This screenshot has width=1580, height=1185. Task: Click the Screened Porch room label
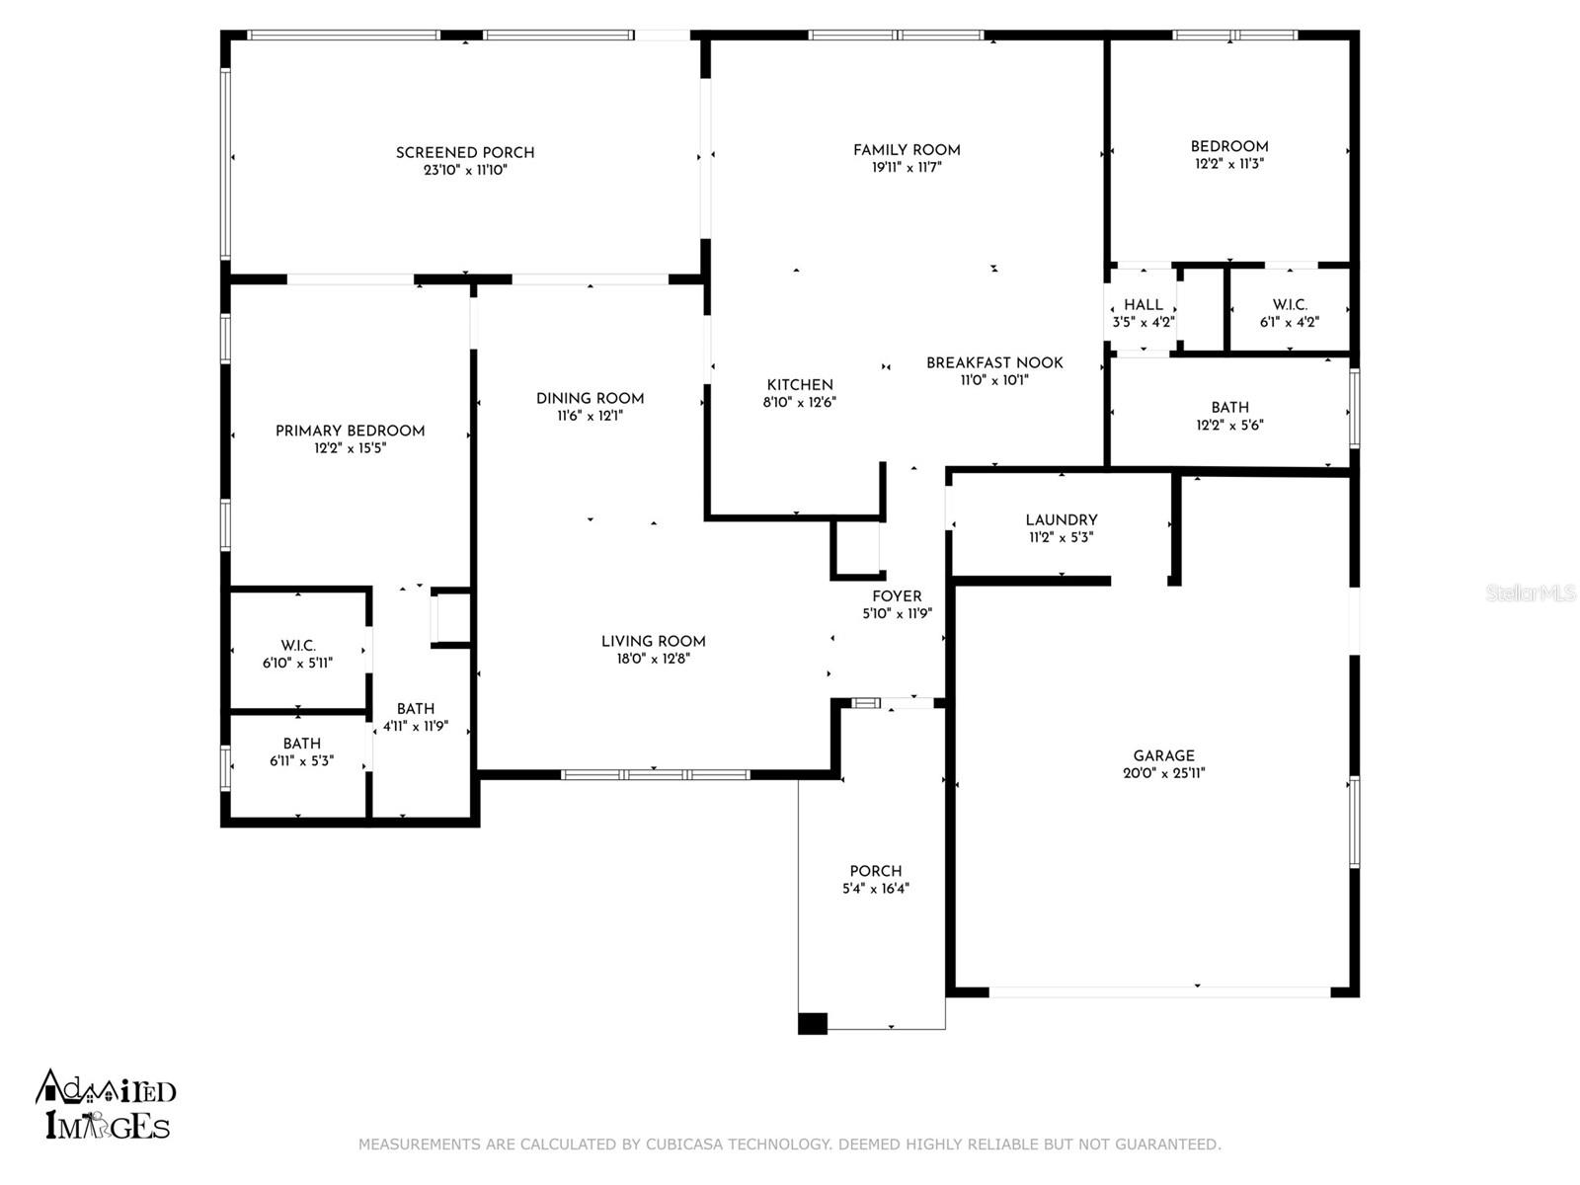(x=465, y=152)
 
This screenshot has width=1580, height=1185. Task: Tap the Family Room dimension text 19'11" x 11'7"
(x=907, y=168)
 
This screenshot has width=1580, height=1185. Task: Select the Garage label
(x=1163, y=755)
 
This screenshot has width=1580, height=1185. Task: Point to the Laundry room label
(x=1061, y=519)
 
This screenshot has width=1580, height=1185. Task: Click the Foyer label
(x=897, y=595)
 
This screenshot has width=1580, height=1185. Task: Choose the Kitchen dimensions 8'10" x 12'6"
(x=799, y=402)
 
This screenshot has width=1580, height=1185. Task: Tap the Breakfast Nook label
(x=994, y=362)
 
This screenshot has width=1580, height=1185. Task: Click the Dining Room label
(x=590, y=398)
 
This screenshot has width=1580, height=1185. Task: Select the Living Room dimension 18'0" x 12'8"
(x=653, y=659)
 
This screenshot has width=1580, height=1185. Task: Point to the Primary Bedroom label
(x=350, y=431)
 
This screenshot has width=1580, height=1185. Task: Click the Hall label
(x=1144, y=304)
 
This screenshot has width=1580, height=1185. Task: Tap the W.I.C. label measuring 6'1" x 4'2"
(x=1290, y=305)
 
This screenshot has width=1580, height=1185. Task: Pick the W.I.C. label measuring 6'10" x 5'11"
(x=298, y=646)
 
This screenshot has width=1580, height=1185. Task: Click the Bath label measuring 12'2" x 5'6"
(x=1229, y=407)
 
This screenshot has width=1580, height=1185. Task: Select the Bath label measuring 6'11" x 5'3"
(x=301, y=744)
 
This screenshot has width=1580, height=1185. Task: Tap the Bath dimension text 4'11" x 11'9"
(x=416, y=727)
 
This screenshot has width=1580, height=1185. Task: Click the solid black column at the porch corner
(x=812, y=1023)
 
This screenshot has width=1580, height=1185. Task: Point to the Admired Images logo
(x=105, y=1104)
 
